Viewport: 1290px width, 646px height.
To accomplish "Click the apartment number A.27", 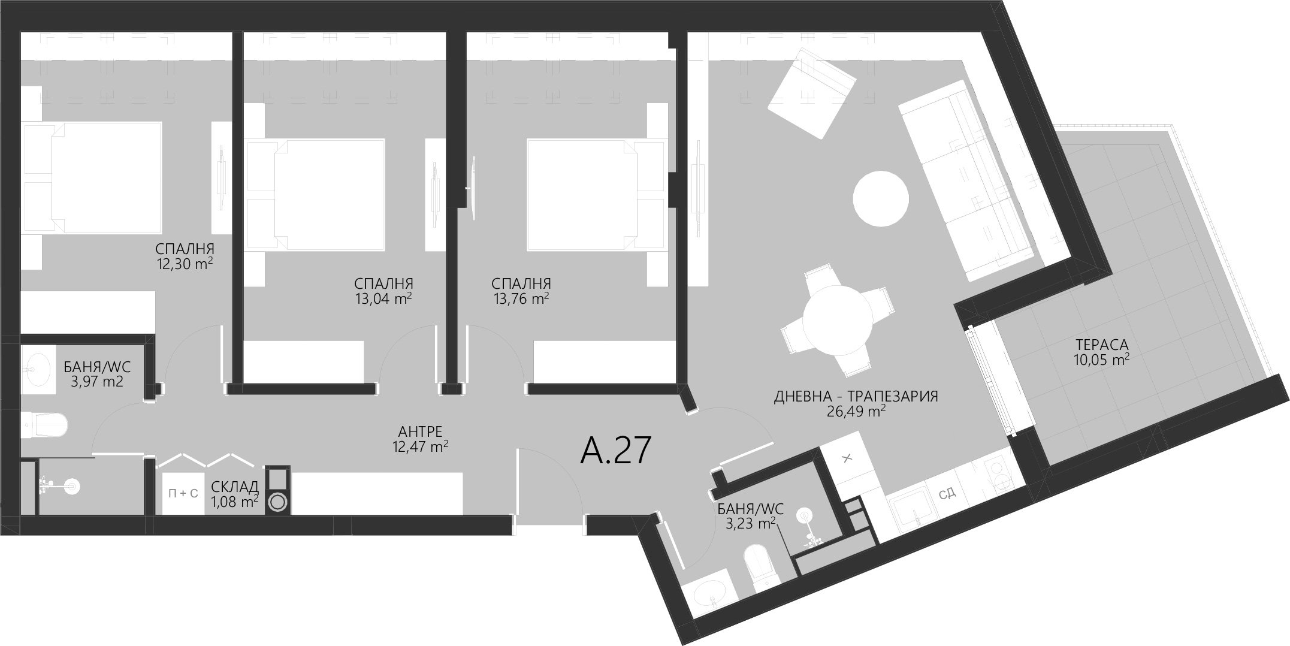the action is (x=615, y=451).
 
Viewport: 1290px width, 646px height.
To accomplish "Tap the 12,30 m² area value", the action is (x=185, y=264).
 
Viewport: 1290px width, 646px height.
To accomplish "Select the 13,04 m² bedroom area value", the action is (x=383, y=298).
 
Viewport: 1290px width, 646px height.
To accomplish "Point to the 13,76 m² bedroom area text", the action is (x=521, y=298).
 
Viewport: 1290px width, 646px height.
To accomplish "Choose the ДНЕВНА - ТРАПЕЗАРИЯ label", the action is (x=856, y=396).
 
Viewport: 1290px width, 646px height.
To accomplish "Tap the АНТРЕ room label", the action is (x=420, y=431).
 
